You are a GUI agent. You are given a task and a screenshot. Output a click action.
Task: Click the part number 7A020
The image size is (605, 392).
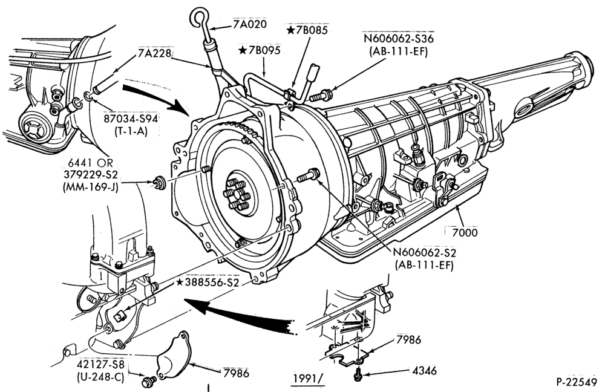point(250,24)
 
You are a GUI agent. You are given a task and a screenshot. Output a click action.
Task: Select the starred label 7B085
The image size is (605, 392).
point(307,30)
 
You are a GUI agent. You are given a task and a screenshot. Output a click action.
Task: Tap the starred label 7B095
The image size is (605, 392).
point(260,50)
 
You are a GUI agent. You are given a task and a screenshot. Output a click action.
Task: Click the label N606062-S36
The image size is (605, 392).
point(398,39)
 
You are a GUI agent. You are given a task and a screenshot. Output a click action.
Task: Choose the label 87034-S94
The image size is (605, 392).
point(131,119)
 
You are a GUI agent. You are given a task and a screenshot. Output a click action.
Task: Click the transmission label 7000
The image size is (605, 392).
point(465,232)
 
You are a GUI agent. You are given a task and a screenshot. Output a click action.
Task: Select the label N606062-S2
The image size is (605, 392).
point(425,253)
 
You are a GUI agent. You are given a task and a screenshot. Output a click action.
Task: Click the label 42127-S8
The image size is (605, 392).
point(101,365)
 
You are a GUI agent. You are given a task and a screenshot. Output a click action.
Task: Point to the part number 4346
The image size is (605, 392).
point(425,371)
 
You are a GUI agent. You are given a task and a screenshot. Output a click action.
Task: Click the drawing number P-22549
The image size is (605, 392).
point(577,382)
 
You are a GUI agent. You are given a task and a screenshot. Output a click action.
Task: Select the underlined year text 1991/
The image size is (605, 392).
point(307,379)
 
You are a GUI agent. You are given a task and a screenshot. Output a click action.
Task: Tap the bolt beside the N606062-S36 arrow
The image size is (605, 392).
point(321,94)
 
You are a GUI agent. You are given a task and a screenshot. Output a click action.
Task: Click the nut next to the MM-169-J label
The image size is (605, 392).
point(159,183)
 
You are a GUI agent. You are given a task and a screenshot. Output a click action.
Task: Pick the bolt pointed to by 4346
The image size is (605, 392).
point(358,374)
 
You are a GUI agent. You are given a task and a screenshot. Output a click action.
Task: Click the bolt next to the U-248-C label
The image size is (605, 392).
point(149,381)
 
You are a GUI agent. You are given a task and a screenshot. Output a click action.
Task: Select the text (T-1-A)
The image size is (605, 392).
point(131,131)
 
